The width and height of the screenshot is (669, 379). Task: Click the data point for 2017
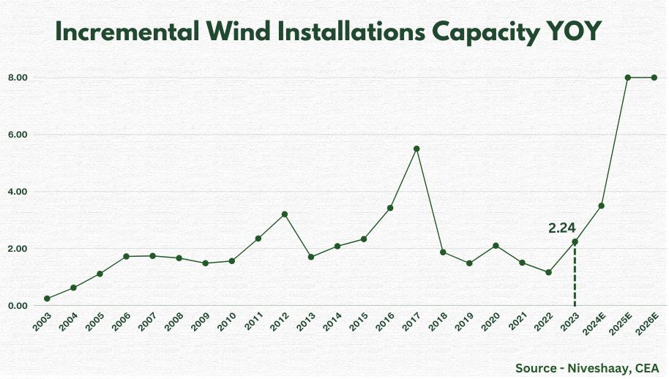point(416,149)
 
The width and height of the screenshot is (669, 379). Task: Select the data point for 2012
point(285,214)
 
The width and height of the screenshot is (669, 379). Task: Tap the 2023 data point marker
point(575,242)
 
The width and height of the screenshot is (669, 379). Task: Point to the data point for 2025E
point(627,78)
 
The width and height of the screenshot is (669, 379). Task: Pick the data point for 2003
point(47,299)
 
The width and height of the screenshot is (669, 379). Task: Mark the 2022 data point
point(548,272)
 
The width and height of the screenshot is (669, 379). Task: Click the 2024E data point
point(601,206)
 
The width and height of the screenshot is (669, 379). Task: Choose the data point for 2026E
point(654,78)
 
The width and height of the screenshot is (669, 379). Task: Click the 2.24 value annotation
point(562,228)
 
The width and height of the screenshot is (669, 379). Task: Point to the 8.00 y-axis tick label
point(18,78)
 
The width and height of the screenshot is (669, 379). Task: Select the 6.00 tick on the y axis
point(18,135)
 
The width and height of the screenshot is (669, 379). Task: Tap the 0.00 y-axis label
point(18,306)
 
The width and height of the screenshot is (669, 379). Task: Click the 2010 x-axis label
point(227,322)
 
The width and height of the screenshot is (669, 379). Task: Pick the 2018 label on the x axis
point(438,322)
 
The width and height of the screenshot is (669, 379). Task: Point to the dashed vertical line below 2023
point(575,278)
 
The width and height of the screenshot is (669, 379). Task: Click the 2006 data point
point(127,256)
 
